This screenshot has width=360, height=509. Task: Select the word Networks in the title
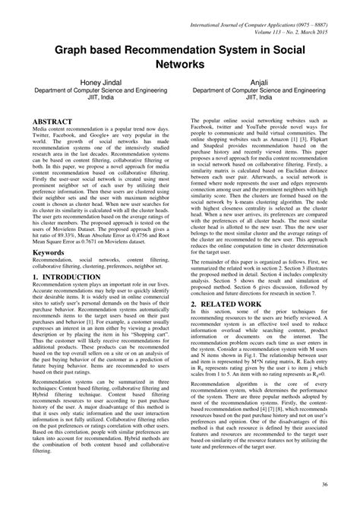(x=180, y=67)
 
